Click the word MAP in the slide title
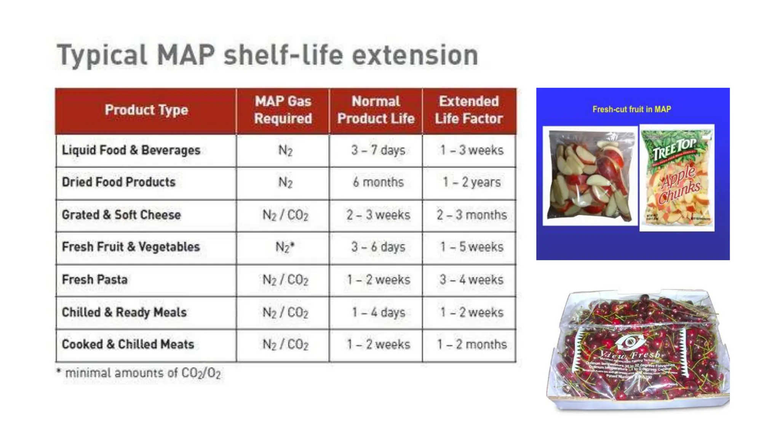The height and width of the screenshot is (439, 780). (185, 55)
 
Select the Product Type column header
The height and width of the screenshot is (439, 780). (146, 110)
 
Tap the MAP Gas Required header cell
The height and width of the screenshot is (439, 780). (283, 110)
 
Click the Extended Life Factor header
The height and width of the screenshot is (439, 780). (469, 110)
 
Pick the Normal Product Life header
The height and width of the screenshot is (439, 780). (376, 110)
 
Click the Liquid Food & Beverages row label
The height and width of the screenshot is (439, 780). (131, 150)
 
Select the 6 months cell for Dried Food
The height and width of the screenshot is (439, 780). (378, 182)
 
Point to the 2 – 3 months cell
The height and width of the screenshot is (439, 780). (472, 215)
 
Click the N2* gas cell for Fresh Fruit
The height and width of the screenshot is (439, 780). (285, 247)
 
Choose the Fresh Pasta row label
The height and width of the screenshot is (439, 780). (95, 280)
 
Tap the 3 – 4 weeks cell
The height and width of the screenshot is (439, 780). (472, 280)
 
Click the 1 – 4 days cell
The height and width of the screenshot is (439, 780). (378, 312)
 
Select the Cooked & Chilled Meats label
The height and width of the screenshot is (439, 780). (128, 344)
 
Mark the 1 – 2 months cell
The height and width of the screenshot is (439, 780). (472, 344)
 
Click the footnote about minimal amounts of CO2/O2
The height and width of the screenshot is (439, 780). (139, 373)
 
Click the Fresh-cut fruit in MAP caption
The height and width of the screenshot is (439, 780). (631, 109)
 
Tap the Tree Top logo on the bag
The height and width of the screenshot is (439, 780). (675, 148)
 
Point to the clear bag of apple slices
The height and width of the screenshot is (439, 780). (589, 176)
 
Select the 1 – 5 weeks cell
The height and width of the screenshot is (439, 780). (472, 247)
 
